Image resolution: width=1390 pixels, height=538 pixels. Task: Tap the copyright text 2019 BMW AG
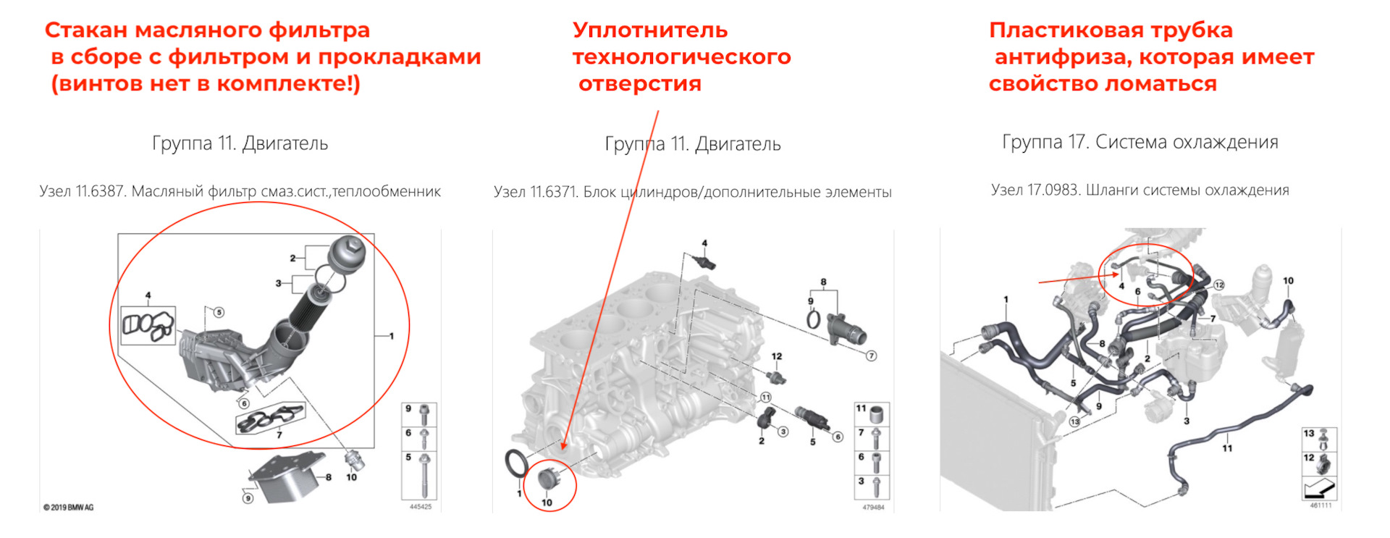click(69, 508)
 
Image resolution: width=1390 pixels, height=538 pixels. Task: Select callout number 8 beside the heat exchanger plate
click(329, 477)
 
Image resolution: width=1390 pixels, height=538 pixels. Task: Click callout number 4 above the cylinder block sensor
click(704, 243)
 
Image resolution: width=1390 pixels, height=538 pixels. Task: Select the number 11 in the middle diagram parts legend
click(861, 408)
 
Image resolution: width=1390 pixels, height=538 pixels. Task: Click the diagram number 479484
click(873, 508)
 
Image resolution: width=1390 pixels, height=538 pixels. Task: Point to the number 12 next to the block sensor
click(777, 356)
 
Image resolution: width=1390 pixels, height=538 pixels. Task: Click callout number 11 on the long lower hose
click(1227, 448)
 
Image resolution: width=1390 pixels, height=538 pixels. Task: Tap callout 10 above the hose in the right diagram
click(1288, 281)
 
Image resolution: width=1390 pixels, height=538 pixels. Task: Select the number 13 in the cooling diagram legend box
click(1309, 433)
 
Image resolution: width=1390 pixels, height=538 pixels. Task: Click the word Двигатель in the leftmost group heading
click(285, 143)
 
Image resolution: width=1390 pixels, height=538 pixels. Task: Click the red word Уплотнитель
click(649, 30)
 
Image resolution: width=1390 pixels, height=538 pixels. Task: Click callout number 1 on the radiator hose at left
click(1006, 299)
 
